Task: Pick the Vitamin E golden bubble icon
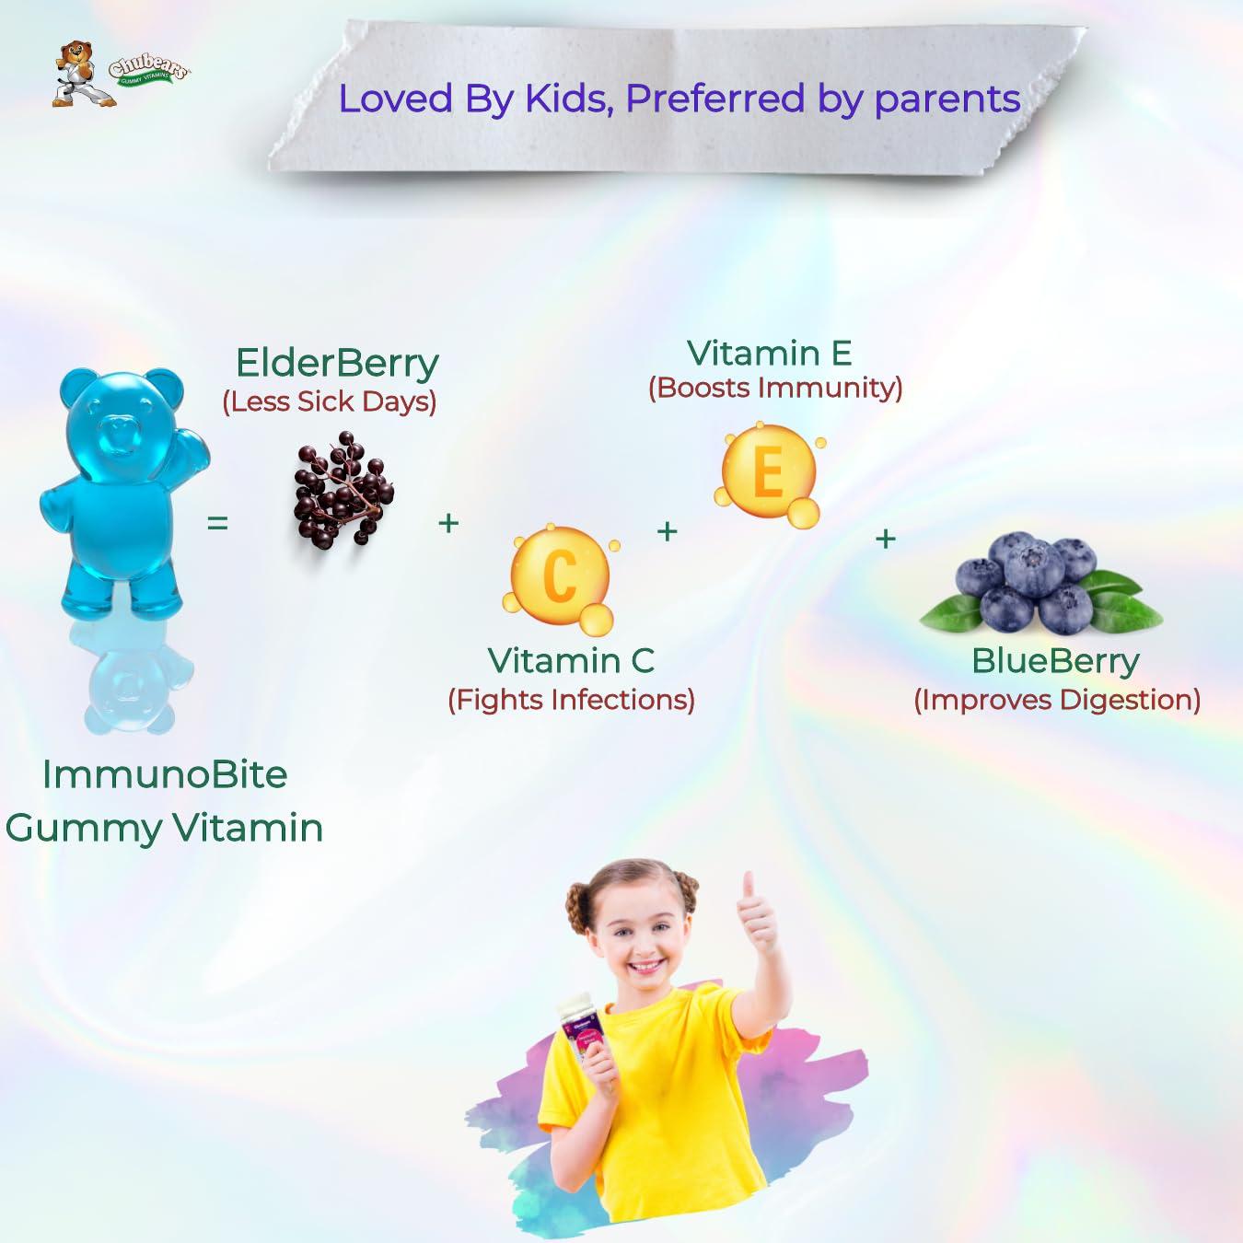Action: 769,472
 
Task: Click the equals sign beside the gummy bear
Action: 217,523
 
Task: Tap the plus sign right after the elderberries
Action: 448,523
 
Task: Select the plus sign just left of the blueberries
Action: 886,538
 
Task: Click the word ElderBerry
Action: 337,363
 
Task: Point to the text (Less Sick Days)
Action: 330,401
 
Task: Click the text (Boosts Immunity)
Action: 775,388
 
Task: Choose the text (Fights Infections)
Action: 571,700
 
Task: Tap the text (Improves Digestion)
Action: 1057,700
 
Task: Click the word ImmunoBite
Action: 165,774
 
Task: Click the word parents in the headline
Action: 947,99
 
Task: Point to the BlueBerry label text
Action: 1055,661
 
